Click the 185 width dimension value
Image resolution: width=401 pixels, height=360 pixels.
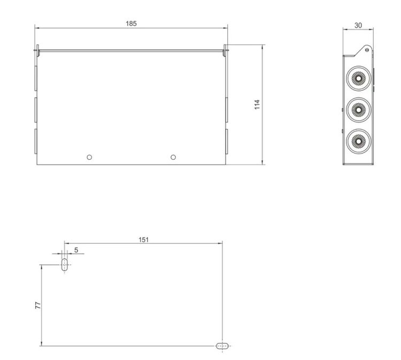point(131,24)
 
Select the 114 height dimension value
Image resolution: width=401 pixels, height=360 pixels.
point(257,105)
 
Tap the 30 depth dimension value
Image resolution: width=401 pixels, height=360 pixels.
point(358,25)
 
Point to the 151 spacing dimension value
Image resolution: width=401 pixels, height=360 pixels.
point(143,240)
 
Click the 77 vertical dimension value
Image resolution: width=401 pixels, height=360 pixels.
point(38,306)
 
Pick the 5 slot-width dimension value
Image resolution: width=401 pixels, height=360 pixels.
point(76,250)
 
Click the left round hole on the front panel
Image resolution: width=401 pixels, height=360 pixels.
point(89,157)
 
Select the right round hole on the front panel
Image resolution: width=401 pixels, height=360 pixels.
point(173,157)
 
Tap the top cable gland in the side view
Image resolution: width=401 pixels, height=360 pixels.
point(359,78)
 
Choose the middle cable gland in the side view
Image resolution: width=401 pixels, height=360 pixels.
point(359,109)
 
